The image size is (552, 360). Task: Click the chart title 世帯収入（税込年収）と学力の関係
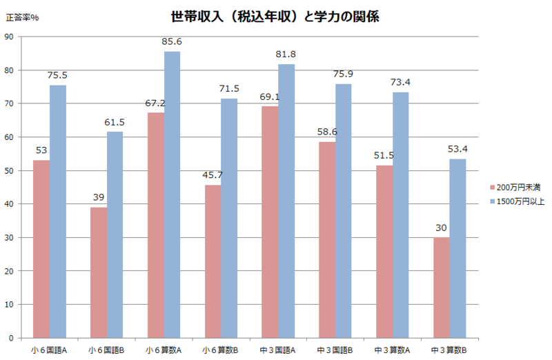pyautogui.click(x=275, y=16)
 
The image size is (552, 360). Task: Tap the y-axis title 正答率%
pyautogui.click(x=22, y=17)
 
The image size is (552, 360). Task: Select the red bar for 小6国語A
pyautogui.click(x=41, y=248)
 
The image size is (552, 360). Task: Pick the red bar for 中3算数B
pyautogui.click(x=442, y=287)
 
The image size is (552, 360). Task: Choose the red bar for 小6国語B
pyautogui.click(x=99, y=272)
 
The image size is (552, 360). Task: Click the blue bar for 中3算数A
pyautogui.click(x=400, y=214)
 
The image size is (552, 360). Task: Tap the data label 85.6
pyautogui.click(x=172, y=42)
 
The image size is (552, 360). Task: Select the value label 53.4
pyautogui.click(x=457, y=150)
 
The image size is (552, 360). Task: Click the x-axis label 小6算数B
pyautogui.click(x=220, y=350)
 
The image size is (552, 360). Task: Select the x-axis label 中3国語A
pyautogui.click(x=277, y=350)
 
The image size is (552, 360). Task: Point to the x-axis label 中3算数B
pyautogui.click(x=448, y=350)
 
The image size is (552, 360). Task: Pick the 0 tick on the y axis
pyautogui.click(x=10, y=338)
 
